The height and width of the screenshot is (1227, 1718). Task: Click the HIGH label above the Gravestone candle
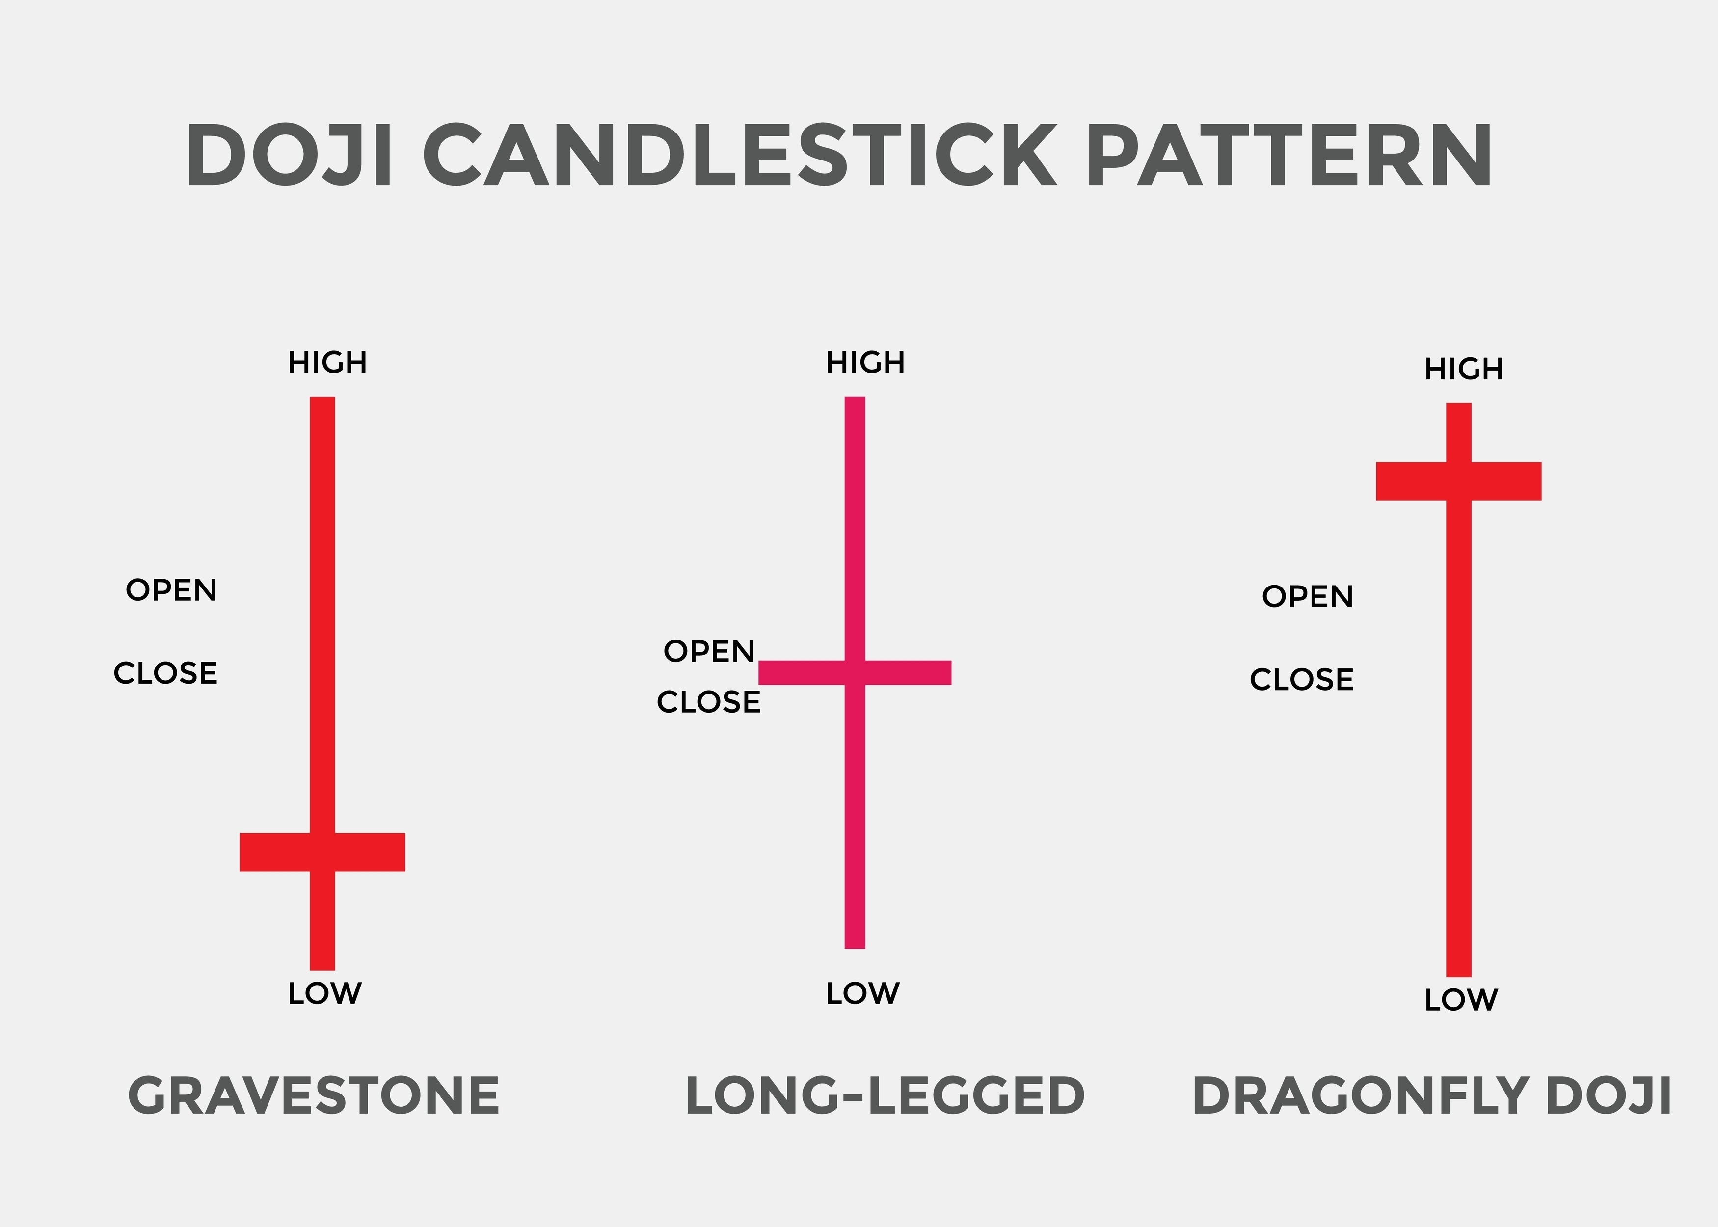[327, 363]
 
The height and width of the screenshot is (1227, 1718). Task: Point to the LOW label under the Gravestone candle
[325, 993]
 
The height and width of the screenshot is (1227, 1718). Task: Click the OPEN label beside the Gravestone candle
[171, 590]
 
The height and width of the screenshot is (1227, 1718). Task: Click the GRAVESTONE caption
[314, 1096]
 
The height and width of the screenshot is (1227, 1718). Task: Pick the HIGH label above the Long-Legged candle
[865, 363]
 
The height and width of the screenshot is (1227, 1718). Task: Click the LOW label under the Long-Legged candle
[863, 993]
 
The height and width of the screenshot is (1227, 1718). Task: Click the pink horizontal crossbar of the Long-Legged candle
[907, 672]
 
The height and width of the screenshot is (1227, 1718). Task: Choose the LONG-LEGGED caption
[885, 1096]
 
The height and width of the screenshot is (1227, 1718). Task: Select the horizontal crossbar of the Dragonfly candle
[1503, 481]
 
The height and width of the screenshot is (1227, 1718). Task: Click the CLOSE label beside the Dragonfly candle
[1301, 679]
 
